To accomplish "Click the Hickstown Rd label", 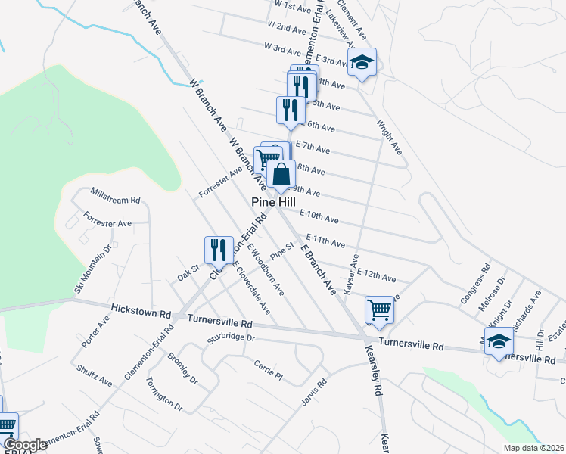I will click(141, 310).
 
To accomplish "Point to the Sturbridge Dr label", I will click(229, 337).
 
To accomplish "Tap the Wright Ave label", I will click(390, 135).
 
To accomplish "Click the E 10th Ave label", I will click(319, 217).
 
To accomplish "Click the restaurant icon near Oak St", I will click(219, 249).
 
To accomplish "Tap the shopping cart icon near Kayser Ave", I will click(379, 309).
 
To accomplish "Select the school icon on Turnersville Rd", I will click(499, 342).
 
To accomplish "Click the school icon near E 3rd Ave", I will click(363, 64).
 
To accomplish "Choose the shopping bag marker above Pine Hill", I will click(281, 174).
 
